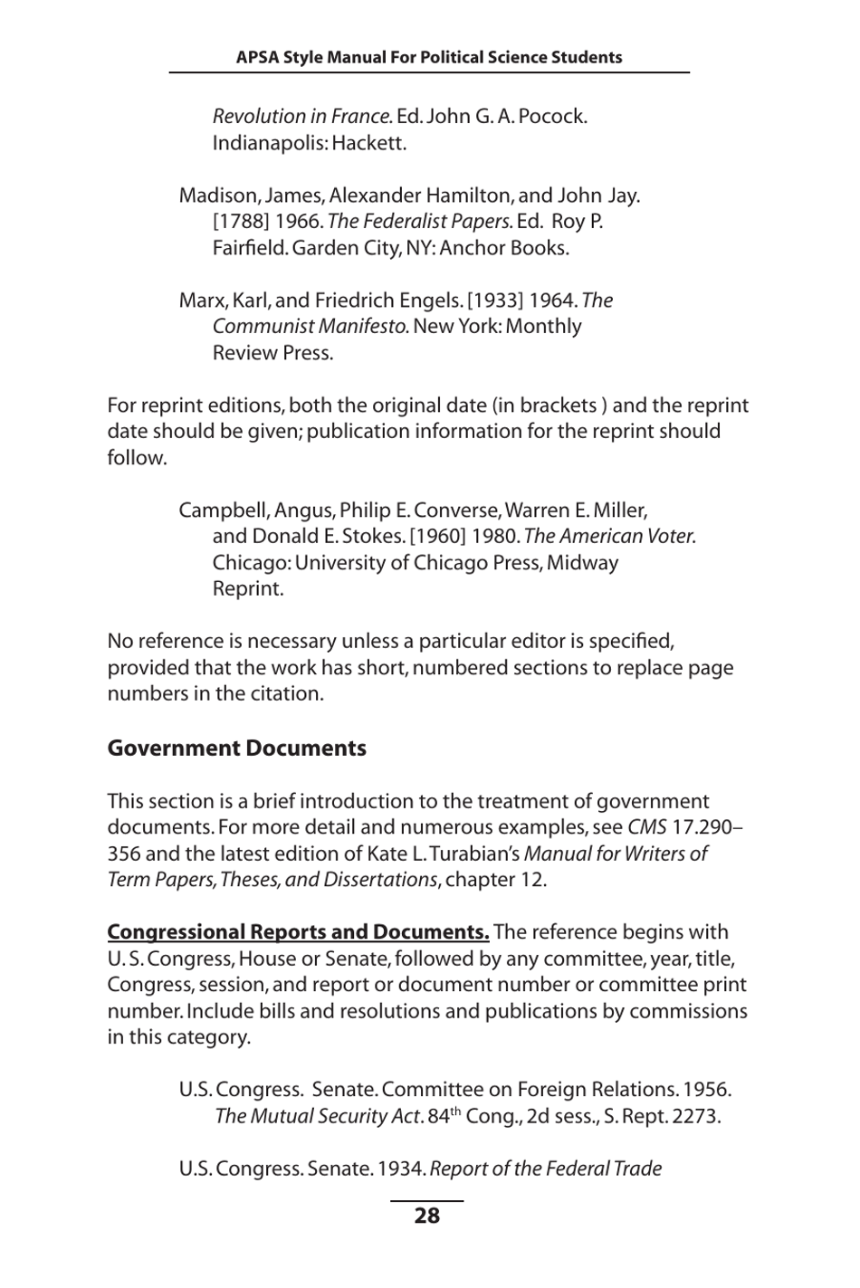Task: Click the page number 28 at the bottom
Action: pyautogui.click(x=426, y=1216)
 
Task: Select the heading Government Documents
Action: pyautogui.click(x=236, y=749)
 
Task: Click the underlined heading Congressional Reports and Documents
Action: pyautogui.click(x=298, y=932)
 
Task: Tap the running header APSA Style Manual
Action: pyautogui.click(x=429, y=57)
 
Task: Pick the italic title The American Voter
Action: pyautogui.click(x=609, y=536)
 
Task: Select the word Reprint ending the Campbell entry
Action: pyautogui.click(x=248, y=588)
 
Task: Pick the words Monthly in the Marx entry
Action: pyautogui.click(x=543, y=327)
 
